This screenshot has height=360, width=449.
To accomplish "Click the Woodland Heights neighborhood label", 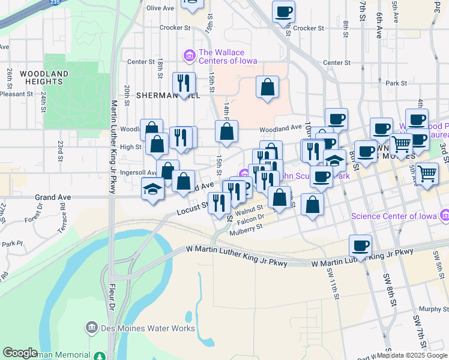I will (x=43, y=77).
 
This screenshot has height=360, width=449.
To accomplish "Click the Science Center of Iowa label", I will (x=393, y=216).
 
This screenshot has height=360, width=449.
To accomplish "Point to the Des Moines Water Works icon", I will (x=91, y=328).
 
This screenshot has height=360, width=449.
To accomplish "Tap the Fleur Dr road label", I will (x=111, y=301).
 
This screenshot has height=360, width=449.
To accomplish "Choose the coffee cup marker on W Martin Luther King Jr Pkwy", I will (x=360, y=245).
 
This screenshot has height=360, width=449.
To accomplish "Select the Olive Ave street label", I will (x=160, y=8).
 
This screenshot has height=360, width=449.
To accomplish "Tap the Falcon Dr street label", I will (x=251, y=219).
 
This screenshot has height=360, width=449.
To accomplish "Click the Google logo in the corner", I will (x=20, y=353).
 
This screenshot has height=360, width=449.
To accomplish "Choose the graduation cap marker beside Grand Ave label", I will (x=153, y=190).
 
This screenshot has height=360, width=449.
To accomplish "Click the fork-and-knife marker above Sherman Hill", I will (x=182, y=83).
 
